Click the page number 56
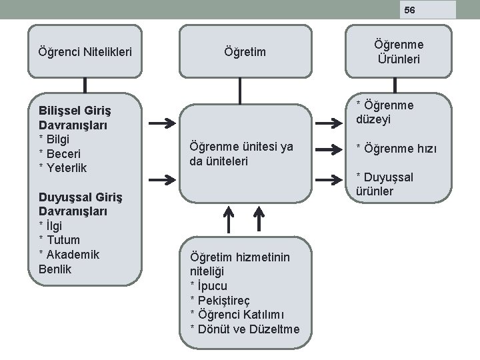(409, 10)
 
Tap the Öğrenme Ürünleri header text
(399, 51)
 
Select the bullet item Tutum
(60, 240)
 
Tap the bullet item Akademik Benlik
(69, 262)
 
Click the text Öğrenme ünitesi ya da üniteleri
(241, 154)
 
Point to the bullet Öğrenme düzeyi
(385, 113)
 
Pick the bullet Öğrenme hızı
(396, 148)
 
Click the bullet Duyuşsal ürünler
(385, 184)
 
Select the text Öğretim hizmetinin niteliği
(239, 264)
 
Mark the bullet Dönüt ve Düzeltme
(245, 329)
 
